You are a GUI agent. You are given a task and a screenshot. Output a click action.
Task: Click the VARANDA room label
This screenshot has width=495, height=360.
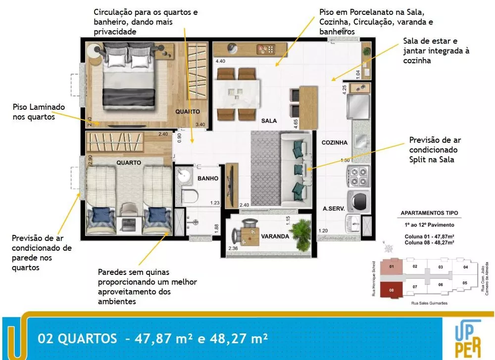coord(275,236)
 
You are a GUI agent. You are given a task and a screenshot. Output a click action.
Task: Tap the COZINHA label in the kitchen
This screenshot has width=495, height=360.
coord(335,142)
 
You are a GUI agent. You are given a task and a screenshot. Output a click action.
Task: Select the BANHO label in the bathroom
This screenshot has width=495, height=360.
coord(208,179)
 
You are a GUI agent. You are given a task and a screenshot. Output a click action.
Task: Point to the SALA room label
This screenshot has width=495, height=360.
coord(269,121)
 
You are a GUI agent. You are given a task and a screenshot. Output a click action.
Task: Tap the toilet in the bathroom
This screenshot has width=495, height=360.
coord(189,196)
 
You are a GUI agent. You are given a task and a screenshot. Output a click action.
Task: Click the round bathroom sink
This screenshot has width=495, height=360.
coord(187,176)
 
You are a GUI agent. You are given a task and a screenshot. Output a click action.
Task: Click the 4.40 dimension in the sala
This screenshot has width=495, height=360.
coord(220,61)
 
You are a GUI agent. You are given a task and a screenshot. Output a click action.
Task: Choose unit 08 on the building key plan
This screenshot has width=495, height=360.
coord(392,290)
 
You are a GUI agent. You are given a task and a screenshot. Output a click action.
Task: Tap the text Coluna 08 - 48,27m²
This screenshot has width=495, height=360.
coord(430,243)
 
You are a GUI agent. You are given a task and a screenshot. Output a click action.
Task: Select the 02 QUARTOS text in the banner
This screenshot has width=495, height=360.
coord(78,339)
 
